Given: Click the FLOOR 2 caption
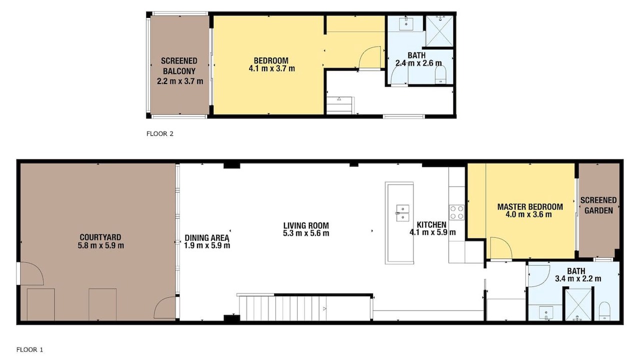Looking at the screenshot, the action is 159,133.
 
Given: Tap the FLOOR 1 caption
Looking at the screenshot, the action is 29,349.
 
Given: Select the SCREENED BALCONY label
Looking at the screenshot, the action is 179,66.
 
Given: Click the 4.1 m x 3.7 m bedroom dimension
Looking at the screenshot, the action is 271,68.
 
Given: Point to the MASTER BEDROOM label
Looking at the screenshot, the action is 530,207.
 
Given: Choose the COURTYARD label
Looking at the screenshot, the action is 100,237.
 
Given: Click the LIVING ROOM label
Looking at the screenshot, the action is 306,225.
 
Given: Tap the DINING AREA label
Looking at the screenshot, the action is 207,237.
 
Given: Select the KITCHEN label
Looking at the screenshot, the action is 431,224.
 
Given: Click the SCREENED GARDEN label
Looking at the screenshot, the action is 598,205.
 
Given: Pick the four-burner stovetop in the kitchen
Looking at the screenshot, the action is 456,212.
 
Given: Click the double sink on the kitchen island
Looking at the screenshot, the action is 402,213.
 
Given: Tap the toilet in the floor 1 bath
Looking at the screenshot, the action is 604,311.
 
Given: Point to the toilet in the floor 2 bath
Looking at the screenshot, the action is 440,75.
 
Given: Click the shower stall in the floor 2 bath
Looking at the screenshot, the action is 439,31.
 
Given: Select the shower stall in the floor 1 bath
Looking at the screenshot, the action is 578,304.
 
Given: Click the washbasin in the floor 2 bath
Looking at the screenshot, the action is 406,23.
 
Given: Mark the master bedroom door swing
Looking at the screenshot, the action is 501,247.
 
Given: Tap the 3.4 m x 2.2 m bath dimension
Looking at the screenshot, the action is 578,278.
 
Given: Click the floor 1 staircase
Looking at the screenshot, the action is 305,308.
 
